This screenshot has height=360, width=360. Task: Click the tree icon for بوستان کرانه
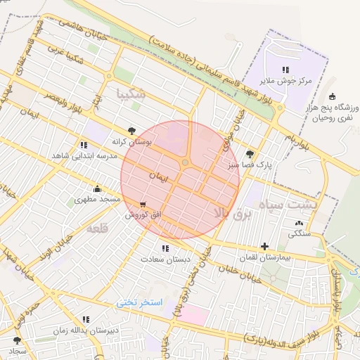click(132, 130)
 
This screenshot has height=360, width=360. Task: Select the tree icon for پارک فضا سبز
click(250, 154)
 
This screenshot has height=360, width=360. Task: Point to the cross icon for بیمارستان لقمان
click(264, 246)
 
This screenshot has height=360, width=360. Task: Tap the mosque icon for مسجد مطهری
click(97, 188)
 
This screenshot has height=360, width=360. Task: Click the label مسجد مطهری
click(97, 200)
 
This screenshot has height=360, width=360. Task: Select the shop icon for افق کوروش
click(143, 203)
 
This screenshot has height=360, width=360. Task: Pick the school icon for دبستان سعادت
click(165, 248)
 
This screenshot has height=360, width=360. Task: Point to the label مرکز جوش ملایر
click(285, 82)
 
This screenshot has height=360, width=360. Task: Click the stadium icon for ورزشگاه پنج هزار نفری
click(332, 97)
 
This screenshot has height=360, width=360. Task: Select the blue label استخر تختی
click(140, 302)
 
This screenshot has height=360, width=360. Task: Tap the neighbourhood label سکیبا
click(131, 93)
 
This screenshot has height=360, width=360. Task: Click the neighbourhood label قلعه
click(96, 230)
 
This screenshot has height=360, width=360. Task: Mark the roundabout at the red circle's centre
click(185, 163)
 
